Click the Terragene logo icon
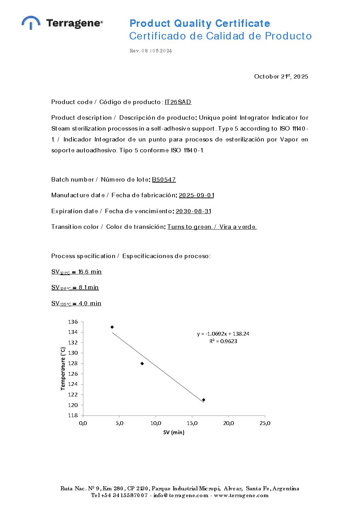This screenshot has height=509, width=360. click(31, 22)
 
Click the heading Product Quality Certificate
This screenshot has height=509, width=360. click(200, 23)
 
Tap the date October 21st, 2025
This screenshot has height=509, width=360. click(281, 77)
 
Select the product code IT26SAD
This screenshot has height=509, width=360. click(178, 102)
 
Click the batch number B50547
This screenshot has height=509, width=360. click(164, 180)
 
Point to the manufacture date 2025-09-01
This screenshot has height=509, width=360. click(196, 195)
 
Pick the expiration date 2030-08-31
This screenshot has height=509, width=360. click(193, 211)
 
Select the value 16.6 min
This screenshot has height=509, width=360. click(90, 272)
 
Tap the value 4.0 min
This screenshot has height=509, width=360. click(90, 303)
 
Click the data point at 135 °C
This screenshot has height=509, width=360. click(112, 327)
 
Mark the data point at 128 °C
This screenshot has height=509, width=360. click(142, 363)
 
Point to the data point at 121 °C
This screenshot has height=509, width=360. click(203, 400)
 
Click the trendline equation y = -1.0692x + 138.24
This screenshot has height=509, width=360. click(223, 334)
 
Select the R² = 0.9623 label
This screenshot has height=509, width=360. click(223, 341)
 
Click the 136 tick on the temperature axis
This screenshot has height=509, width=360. click(73, 322)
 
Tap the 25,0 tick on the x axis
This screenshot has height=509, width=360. click(265, 423)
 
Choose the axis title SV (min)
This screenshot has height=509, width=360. click(174, 432)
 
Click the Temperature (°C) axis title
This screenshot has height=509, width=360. click(63, 369)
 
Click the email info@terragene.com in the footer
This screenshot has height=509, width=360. click(181, 495)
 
